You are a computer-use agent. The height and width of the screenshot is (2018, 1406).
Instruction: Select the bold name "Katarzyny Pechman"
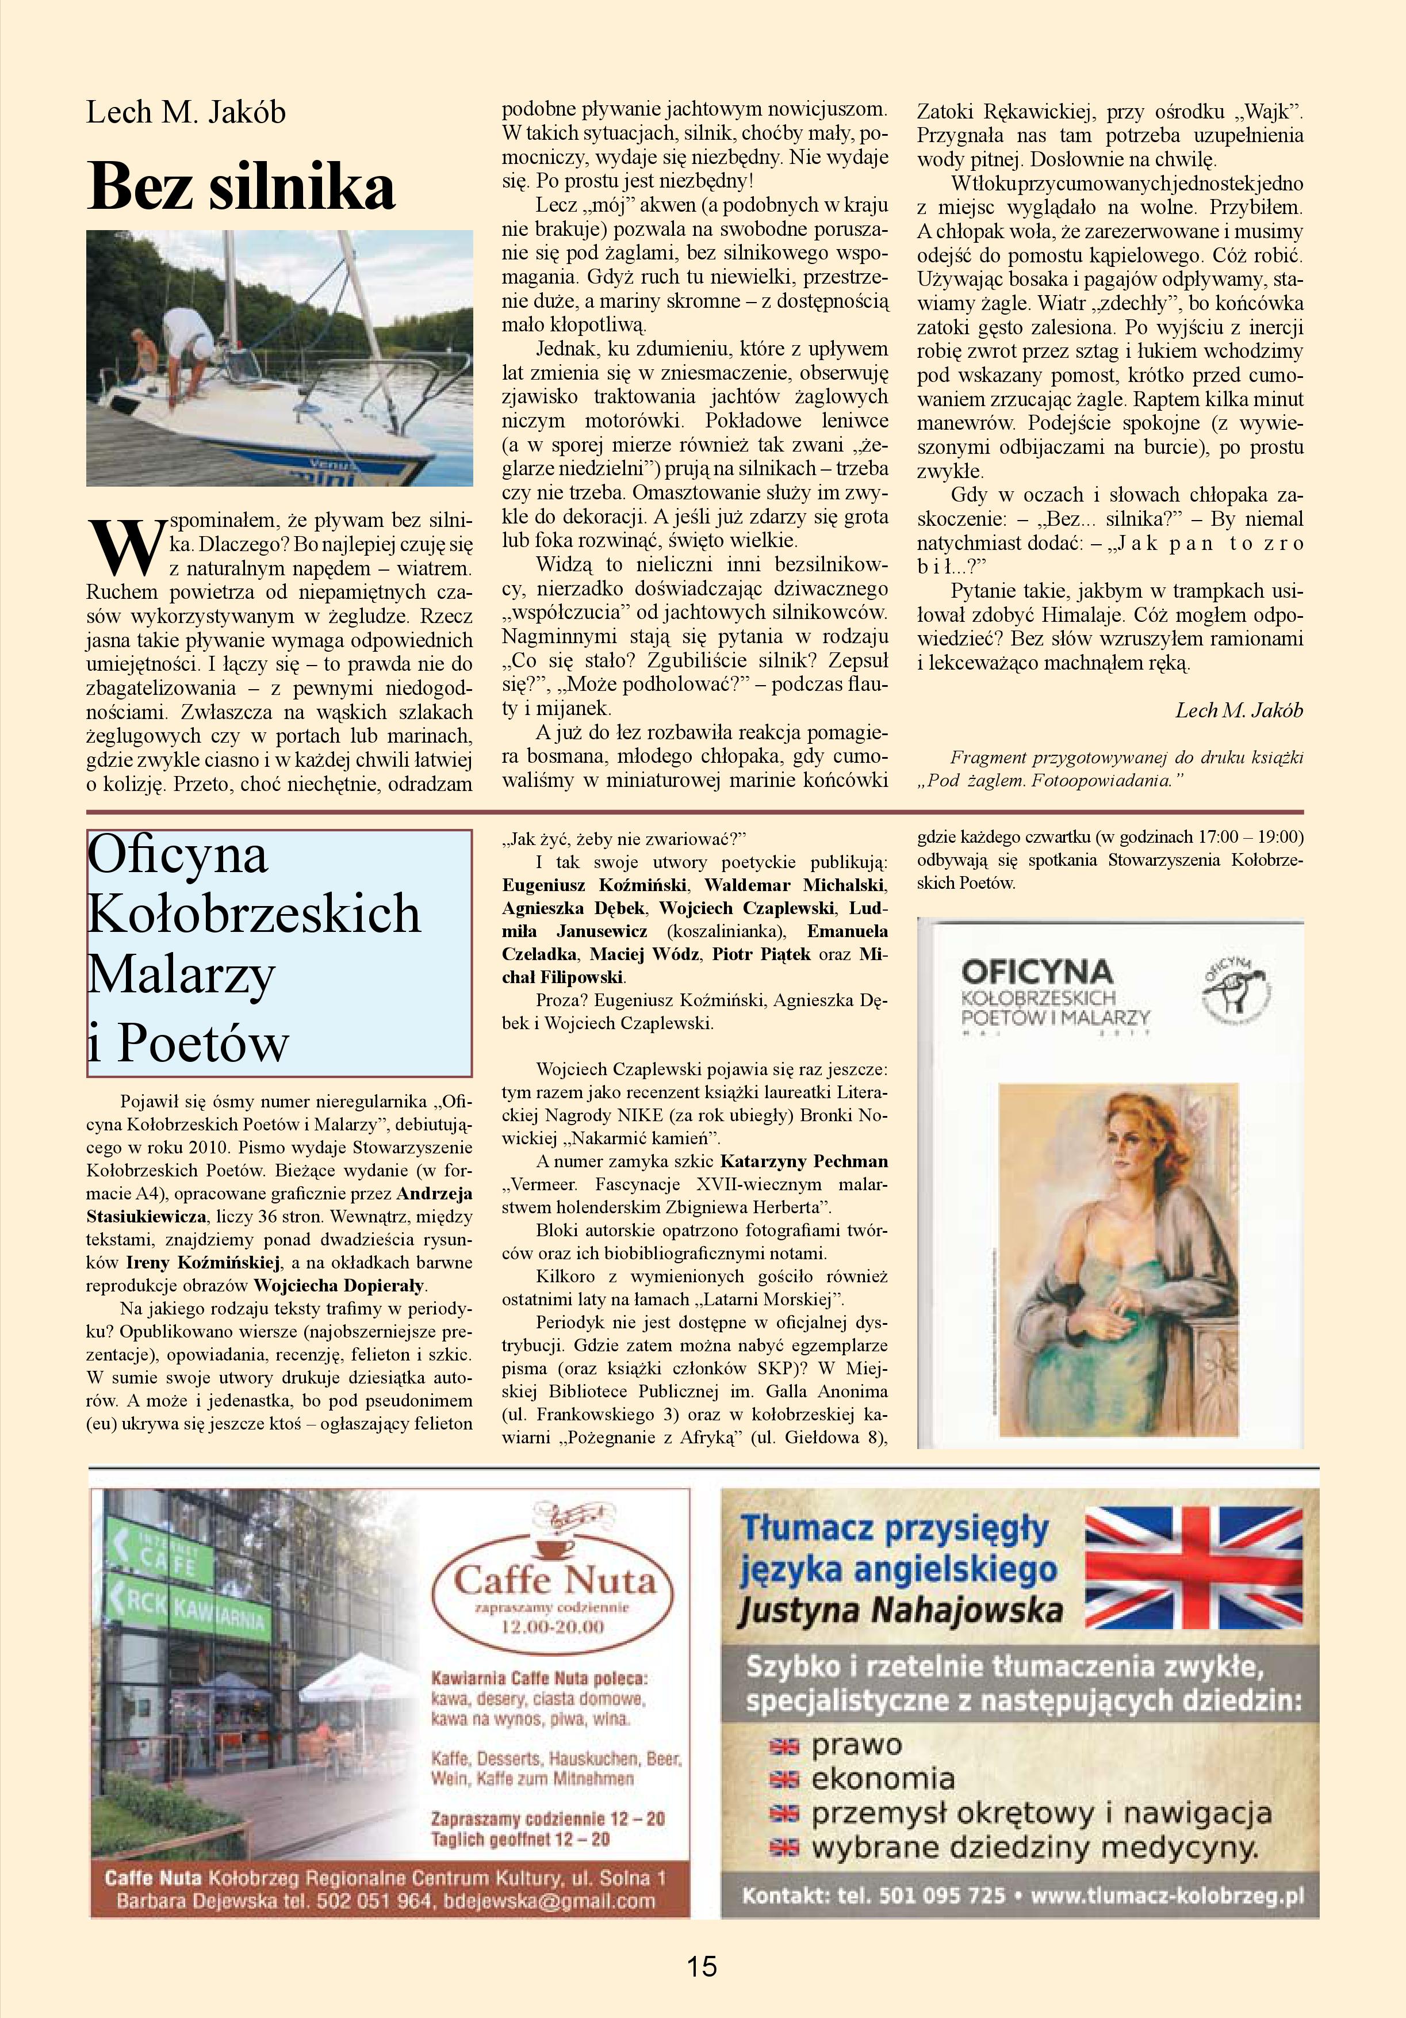[x=803, y=1161]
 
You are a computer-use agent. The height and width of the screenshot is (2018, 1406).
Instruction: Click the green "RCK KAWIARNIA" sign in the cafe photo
[x=185, y=1611]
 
